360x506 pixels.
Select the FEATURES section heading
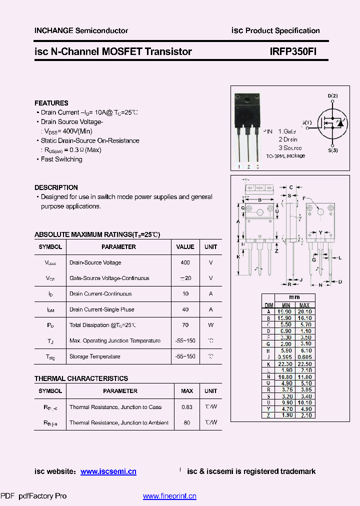(51, 103)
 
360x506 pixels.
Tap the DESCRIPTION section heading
(56, 187)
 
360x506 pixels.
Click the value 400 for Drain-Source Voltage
(185, 262)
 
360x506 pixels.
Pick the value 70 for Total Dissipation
(185, 325)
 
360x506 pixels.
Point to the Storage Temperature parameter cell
(95, 356)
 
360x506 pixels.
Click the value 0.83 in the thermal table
(186, 407)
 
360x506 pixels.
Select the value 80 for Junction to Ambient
(186, 423)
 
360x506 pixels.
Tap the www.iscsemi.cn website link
(108, 471)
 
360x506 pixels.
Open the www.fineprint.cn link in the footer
(169, 496)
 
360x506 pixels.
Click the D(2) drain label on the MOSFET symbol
(332, 95)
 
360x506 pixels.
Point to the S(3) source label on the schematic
(332, 150)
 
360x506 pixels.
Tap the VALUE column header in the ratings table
(185, 247)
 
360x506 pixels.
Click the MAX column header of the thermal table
(186, 391)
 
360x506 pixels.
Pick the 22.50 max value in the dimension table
(304, 364)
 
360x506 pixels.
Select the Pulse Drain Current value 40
(185, 309)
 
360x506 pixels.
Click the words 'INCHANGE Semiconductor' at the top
(81, 30)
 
